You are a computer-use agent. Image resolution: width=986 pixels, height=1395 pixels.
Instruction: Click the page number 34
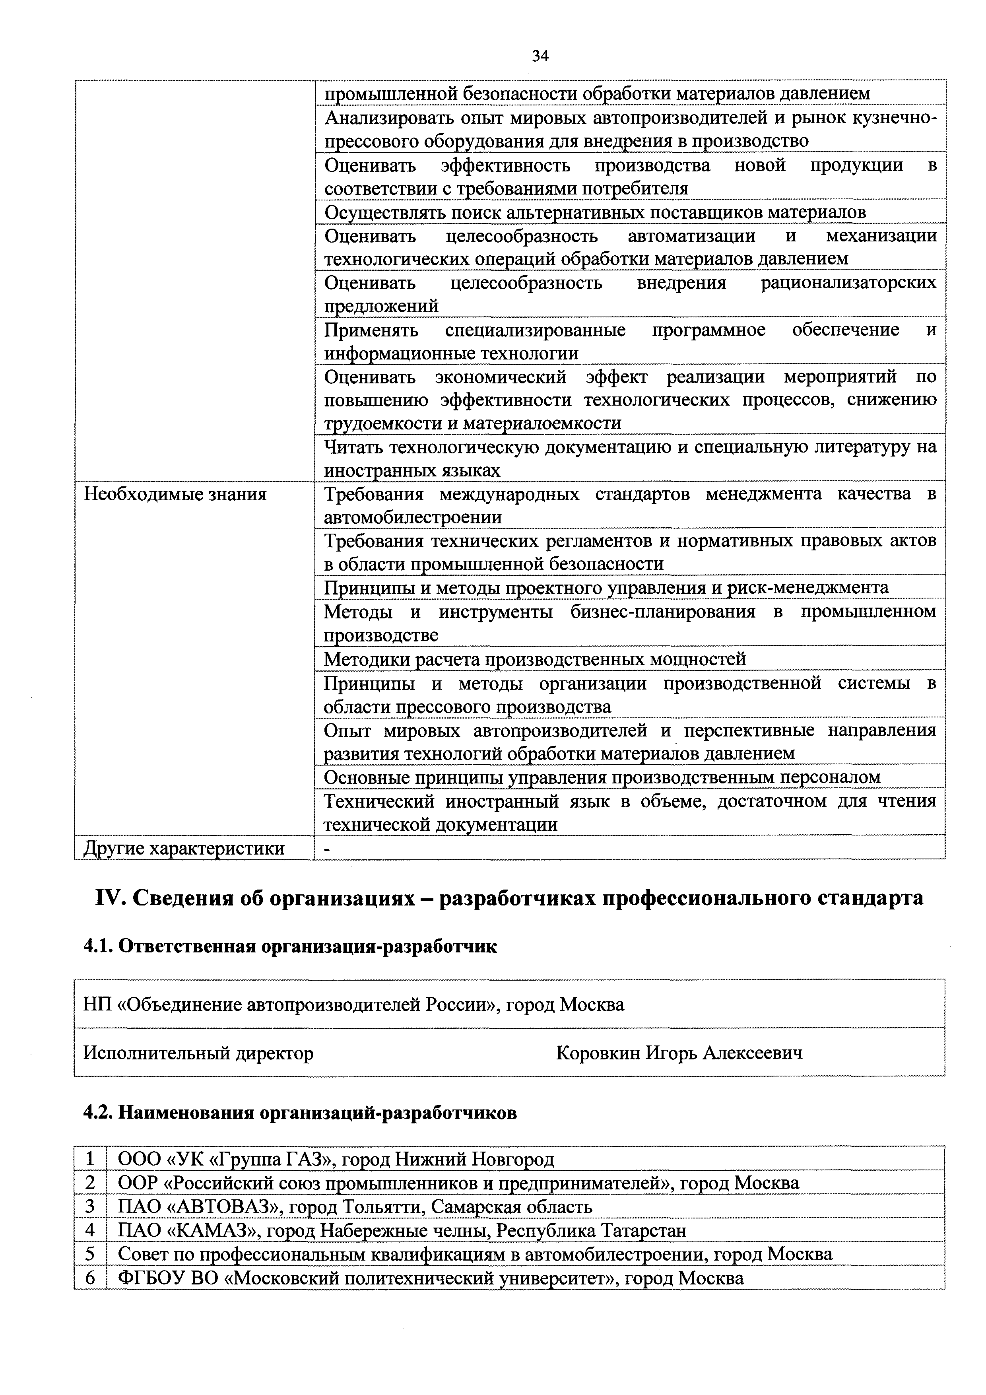pos(540,56)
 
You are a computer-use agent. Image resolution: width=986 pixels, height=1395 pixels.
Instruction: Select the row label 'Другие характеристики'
pos(184,848)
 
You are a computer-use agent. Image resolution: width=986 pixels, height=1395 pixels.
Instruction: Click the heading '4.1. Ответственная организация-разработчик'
pos(290,946)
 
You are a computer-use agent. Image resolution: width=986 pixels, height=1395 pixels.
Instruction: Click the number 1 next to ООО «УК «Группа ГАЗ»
pos(91,1159)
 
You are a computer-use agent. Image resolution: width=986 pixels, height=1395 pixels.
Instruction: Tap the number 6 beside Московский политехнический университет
pos(91,1278)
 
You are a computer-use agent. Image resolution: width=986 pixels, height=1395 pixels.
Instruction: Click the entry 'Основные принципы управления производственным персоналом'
pos(602,777)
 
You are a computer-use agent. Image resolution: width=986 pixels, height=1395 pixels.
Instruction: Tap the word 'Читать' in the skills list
pos(352,448)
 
